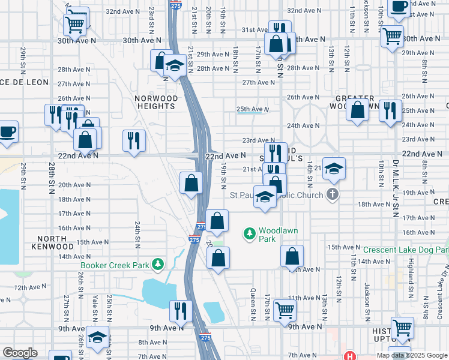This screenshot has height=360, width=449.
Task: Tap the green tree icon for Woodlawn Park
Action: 249,233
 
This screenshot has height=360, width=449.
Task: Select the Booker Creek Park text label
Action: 115,264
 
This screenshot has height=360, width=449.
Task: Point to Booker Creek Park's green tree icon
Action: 157,263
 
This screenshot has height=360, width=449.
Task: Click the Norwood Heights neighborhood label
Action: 156,102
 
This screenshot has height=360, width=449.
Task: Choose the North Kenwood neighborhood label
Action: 50,242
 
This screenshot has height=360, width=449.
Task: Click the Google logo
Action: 20,353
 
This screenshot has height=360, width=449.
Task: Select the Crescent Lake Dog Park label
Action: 406,250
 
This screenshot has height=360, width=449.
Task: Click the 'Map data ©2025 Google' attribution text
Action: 412,355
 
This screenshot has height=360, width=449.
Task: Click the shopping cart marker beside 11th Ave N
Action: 285,310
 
